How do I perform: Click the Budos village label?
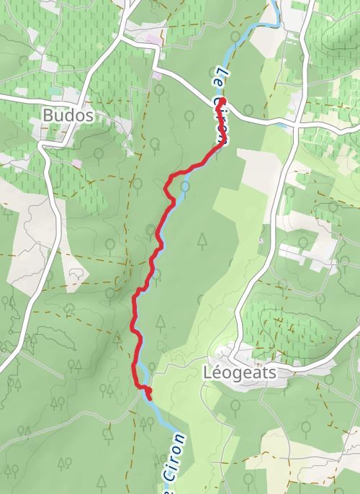pos(68,115)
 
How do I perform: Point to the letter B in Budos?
pos(48,115)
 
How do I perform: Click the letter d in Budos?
pos(68,115)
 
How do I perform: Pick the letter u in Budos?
pos(58,116)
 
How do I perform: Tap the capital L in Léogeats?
pos(208,374)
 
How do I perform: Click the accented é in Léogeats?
pos(217,373)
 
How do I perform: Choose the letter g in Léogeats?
pos(236,376)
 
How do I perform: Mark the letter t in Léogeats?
pos(258,374)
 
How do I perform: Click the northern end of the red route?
pos(222,101)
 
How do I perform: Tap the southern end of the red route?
pos(149,393)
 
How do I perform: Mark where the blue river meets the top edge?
pos(274,2)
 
